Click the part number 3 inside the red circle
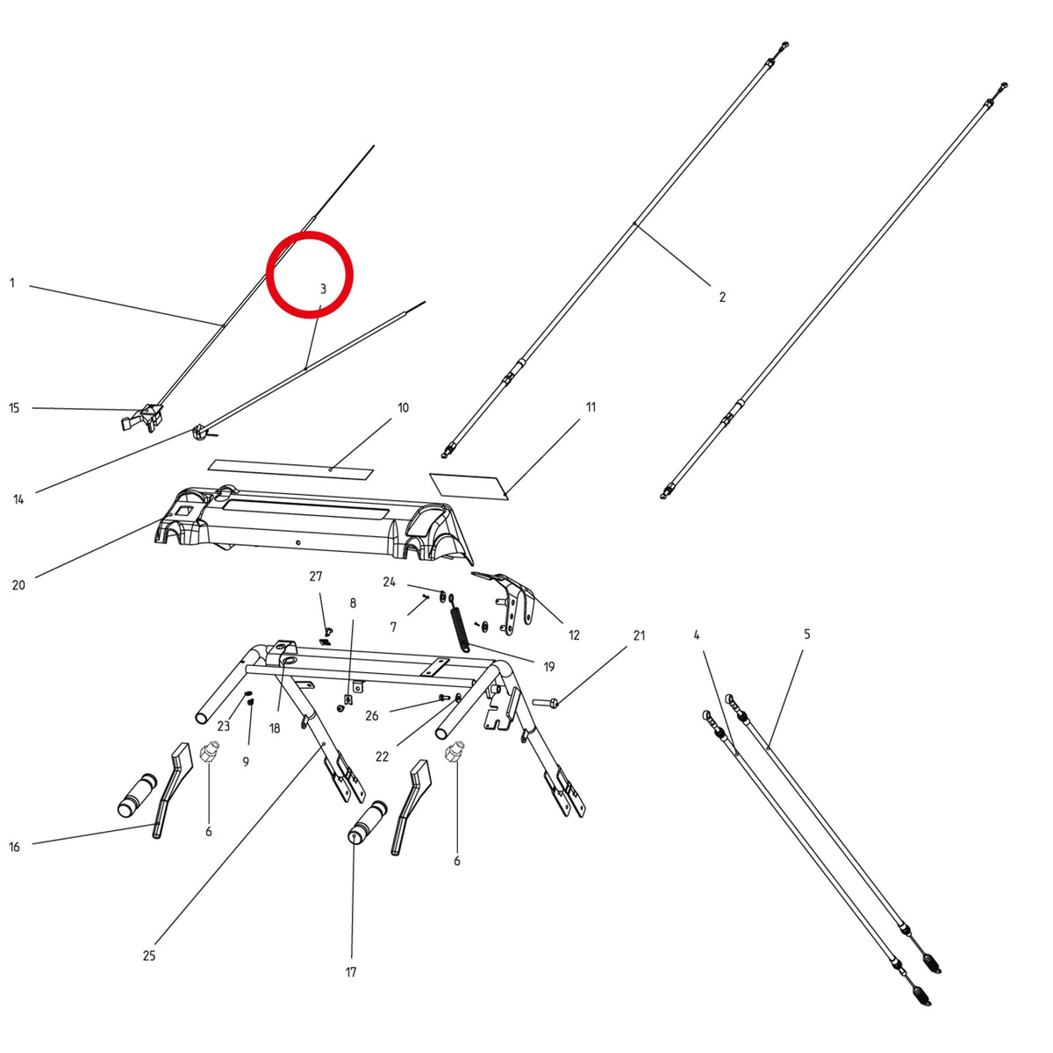pos(323,289)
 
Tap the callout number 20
pos(18,585)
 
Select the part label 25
pos(149,956)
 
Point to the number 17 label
pos(351,972)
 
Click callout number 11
pos(591,407)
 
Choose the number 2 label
pos(722,297)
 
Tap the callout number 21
pos(640,635)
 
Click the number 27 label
pos(316,577)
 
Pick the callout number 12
pos(574,635)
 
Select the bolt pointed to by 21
pos(545,702)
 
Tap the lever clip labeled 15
pos(142,418)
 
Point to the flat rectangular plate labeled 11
pos(469,486)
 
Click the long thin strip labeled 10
pos(290,469)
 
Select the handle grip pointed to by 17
pos(366,823)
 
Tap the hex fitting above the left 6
pos(210,753)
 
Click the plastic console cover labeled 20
pos(314,524)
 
